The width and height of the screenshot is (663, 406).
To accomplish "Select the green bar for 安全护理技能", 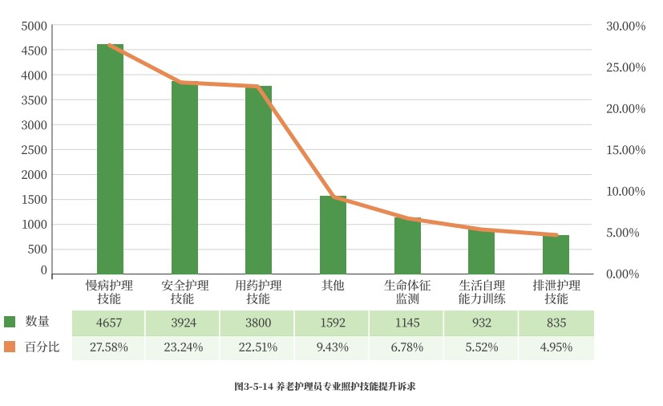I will click(184, 177).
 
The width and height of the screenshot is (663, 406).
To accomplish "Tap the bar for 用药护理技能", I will click(258, 180).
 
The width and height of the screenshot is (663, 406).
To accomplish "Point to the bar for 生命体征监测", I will click(407, 246).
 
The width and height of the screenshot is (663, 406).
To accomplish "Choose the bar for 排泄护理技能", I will click(556, 254).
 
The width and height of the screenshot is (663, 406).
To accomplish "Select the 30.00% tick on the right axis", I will click(626, 26).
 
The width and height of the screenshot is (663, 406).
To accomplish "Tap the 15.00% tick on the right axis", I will click(626, 150).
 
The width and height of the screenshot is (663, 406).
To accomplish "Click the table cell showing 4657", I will click(109, 323).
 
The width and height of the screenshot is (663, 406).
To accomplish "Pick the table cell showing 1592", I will click(332, 323).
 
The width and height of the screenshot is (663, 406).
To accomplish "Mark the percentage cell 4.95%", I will click(556, 347).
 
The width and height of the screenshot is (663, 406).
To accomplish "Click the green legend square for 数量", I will click(10, 322).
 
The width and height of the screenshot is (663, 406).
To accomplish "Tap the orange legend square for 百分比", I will click(10, 347).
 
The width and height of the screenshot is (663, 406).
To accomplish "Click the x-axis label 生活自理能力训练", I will click(482, 292).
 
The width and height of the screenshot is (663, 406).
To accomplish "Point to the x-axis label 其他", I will click(333, 285).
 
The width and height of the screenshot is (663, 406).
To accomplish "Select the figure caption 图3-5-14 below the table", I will click(325, 387).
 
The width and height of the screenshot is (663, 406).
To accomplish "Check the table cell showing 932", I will click(482, 323).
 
